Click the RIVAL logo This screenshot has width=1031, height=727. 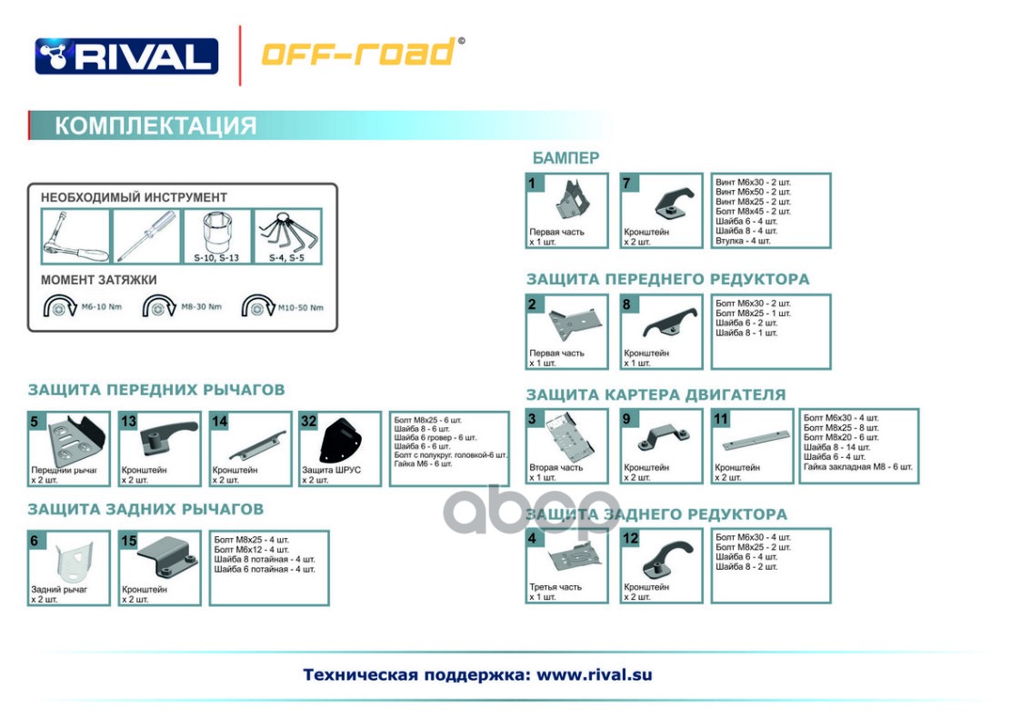[126, 56]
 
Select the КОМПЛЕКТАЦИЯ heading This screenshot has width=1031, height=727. [155, 125]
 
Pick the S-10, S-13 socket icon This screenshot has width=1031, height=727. [215, 234]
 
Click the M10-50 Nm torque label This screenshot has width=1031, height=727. [301, 307]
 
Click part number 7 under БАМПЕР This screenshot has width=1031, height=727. [661, 210]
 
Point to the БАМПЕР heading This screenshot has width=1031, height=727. [566, 157]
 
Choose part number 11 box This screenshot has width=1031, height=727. [752, 445]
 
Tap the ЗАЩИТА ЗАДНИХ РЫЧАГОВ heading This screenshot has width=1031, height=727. [145, 509]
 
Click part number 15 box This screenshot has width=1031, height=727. [159, 568]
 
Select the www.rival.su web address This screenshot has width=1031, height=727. [594, 674]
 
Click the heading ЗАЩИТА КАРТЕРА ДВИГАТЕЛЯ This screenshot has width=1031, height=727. [656, 394]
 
